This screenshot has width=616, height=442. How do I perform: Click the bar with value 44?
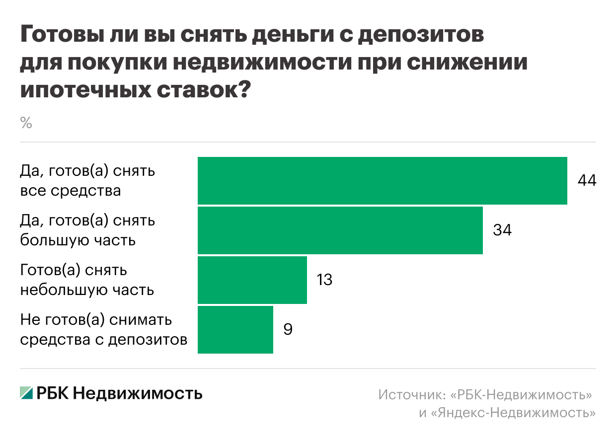pyautogui.click(x=382, y=181)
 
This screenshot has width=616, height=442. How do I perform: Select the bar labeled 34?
pyautogui.click(x=340, y=230)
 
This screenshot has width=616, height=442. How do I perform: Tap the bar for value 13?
pyautogui.click(x=252, y=280)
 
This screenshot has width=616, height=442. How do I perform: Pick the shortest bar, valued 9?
pyautogui.click(x=235, y=330)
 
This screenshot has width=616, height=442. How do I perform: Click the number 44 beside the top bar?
pyautogui.click(x=586, y=181)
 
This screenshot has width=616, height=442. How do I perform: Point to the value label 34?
pyautogui.click(x=502, y=230)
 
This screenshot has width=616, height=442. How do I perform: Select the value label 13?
pyautogui.click(x=324, y=280)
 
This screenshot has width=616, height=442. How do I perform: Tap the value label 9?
pyautogui.click(x=288, y=330)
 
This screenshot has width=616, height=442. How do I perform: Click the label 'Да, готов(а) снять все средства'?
pyautogui.click(x=87, y=181)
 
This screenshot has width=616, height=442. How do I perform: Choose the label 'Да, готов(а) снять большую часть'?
pyautogui.click(x=87, y=230)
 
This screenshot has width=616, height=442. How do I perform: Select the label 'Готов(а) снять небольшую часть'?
pyautogui.click(x=87, y=280)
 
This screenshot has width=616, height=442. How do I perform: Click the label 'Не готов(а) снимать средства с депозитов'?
pyautogui.click(x=103, y=330)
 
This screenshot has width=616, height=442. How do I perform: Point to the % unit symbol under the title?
pyautogui.click(x=26, y=123)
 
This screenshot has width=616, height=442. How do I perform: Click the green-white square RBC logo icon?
pyautogui.click(x=26, y=393)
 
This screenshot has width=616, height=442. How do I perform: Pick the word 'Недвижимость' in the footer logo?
pyautogui.click(x=138, y=393)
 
